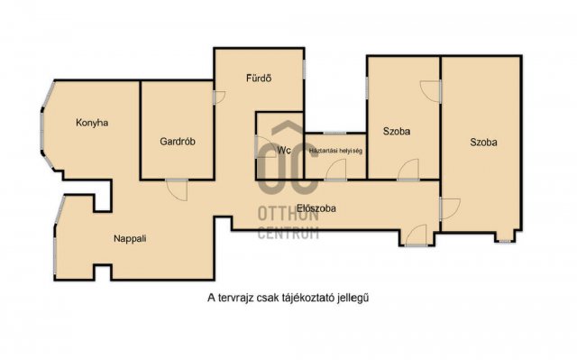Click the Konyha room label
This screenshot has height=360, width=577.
[x=92, y=123]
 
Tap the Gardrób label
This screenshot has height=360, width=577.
[x=178, y=142]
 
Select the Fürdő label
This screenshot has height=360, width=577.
[x=259, y=78]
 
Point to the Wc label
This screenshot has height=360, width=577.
[x=284, y=150]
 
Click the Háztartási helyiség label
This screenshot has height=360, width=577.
[x=335, y=151]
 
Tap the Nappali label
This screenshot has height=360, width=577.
[x=130, y=238]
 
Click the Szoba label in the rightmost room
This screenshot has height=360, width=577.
[x=483, y=142]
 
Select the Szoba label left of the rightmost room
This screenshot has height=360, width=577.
[x=397, y=131]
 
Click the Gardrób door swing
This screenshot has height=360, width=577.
[x=177, y=189]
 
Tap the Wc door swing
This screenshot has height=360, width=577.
[x=265, y=147]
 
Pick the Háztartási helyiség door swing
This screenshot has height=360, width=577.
[x=335, y=170]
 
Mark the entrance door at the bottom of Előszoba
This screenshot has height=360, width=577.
[x=416, y=235]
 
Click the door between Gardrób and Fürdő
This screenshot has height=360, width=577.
[x=219, y=97]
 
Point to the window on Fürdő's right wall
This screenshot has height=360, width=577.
[x=305, y=69]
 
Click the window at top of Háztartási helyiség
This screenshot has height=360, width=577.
[x=334, y=133]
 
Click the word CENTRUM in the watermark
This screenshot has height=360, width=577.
[x=288, y=233]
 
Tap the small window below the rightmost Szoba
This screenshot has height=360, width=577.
[x=505, y=242]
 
